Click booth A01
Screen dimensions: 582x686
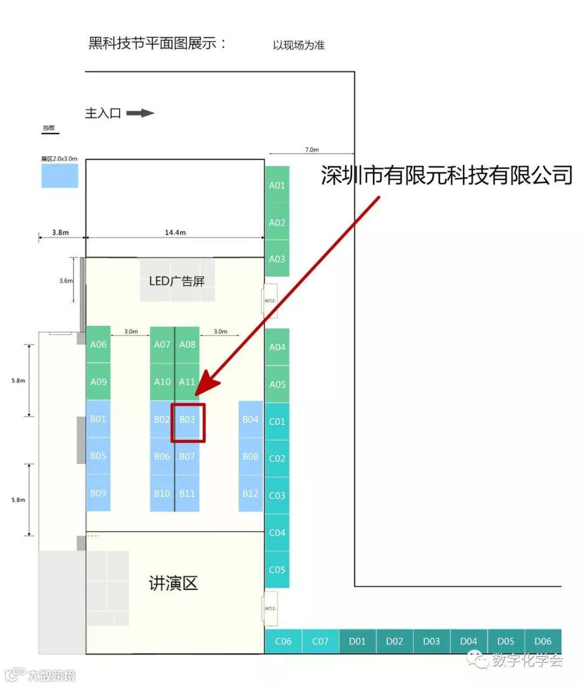point(277,185)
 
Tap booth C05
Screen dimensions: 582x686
point(277,570)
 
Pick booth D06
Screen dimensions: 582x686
point(543,641)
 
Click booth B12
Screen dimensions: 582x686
point(251,493)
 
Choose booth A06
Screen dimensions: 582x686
point(98,345)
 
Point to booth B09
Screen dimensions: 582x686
point(98,493)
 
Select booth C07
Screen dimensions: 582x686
point(320,641)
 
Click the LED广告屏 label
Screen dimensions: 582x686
point(177,281)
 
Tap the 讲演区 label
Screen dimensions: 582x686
point(174,583)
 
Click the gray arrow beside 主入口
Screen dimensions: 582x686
point(140,113)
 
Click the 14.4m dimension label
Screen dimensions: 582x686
point(175,232)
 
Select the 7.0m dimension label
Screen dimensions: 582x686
point(312,149)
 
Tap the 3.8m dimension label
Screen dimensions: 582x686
point(60,232)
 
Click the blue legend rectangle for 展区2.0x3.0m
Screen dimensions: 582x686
point(60,176)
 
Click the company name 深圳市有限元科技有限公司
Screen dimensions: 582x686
point(447,175)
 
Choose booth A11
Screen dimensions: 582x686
point(187,382)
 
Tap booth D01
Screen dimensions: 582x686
point(357,641)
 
